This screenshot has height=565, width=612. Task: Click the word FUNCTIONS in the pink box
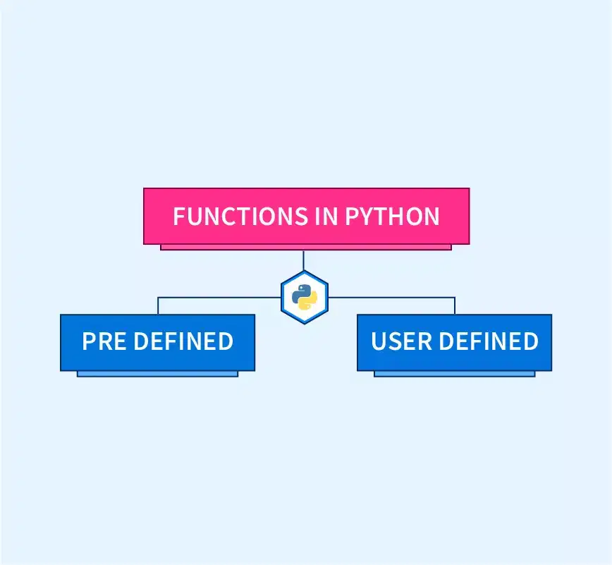pyautogui.click(x=240, y=216)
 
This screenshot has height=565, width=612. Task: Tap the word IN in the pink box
pyautogui.click(x=326, y=216)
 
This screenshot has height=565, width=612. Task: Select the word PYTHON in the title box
pyautogui.click(x=392, y=216)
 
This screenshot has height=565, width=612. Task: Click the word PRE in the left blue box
pyautogui.click(x=104, y=341)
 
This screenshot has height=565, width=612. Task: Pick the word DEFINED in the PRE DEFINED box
pyautogui.click(x=183, y=341)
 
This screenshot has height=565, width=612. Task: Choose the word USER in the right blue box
pyautogui.click(x=401, y=341)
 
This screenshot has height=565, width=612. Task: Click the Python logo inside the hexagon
pyautogui.click(x=305, y=297)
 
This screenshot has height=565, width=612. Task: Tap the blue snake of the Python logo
pyautogui.click(x=300, y=293)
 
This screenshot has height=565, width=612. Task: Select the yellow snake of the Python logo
pyautogui.click(x=309, y=301)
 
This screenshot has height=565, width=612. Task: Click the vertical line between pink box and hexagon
pyautogui.click(x=303, y=260)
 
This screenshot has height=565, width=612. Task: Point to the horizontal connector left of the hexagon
pyautogui.click(x=219, y=298)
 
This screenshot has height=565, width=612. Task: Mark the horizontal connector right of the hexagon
pyautogui.click(x=391, y=298)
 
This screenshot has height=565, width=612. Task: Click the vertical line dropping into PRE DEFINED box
pyautogui.click(x=158, y=305)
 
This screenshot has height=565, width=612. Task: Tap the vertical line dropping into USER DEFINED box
pyautogui.click(x=455, y=305)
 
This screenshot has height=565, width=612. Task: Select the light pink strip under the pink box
pyautogui.click(x=306, y=247)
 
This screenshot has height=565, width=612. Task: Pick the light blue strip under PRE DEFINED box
pyautogui.click(x=158, y=374)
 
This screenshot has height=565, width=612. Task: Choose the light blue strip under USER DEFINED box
pyautogui.click(x=454, y=374)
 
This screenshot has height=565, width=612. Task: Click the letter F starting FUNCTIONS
pyautogui.click(x=179, y=216)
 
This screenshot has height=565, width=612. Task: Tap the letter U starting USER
pyautogui.click(x=379, y=341)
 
